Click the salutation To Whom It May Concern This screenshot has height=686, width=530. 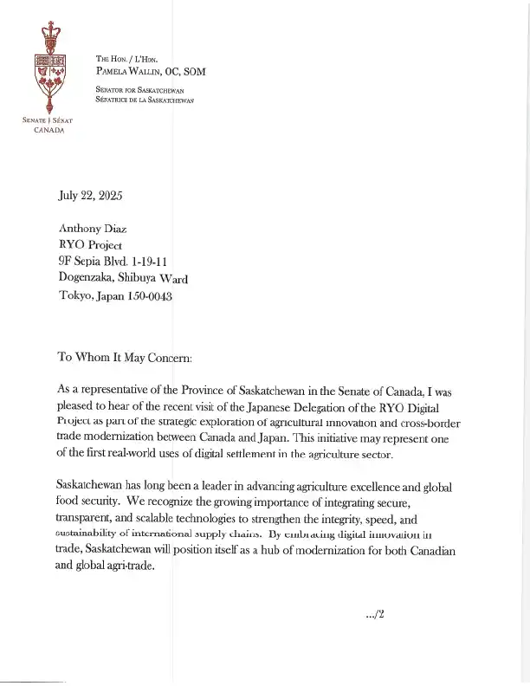tap(130, 356)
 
